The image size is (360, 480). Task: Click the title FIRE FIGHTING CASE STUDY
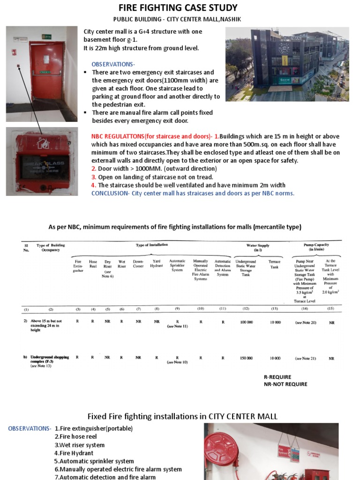(x=178, y=8)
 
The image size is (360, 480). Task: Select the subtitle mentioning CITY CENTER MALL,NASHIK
(x=178, y=19)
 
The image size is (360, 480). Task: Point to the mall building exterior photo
(x=287, y=64)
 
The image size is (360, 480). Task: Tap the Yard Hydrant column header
(x=157, y=263)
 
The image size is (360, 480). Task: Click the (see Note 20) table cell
(x=306, y=322)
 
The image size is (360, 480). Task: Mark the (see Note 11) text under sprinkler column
(x=177, y=326)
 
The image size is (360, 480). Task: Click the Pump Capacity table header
(x=316, y=247)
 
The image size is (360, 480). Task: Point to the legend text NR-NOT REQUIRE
(x=285, y=384)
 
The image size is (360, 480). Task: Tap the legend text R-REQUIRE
(x=277, y=377)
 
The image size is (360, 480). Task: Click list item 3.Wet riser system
(x=80, y=445)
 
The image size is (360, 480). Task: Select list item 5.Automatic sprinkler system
(x=94, y=461)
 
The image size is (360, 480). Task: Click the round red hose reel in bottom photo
(x=221, y=449)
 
